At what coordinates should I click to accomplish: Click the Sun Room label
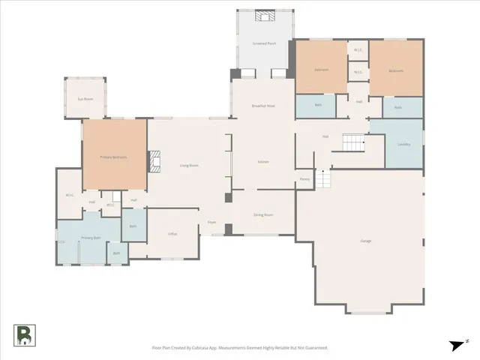click(85, 99)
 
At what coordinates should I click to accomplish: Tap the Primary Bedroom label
click(113, 157)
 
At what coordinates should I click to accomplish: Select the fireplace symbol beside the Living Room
click(154, 161)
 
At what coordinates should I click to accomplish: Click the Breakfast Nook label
click(263, 106)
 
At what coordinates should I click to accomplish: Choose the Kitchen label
click(263, 161)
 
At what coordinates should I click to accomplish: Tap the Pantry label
click(304, 179)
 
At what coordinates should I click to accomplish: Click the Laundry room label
click(403, 143)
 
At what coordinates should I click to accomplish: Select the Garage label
click(366, 241)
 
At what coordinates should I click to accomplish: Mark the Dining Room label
click(262, 215)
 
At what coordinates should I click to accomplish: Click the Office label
click(172, 234)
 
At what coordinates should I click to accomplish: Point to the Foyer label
click(212, 223)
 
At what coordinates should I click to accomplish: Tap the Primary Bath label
click(91, 238)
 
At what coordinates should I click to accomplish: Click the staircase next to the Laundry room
click(352, 140)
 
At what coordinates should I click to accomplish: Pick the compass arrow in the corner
click(457, 344)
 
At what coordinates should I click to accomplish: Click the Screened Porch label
click(262, 43)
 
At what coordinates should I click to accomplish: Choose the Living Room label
click(188, 165)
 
